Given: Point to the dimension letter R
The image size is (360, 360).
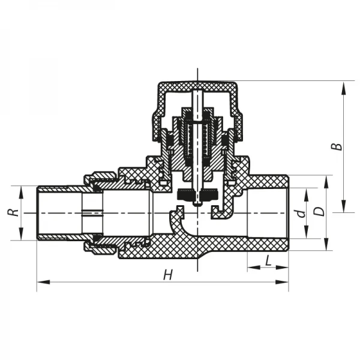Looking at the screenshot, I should coord(10,212).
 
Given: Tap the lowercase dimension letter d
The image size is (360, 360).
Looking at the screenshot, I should coord(302,212).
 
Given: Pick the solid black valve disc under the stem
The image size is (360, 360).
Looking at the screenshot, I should coord(196,195).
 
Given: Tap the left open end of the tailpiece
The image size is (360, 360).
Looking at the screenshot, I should coord(38,213).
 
